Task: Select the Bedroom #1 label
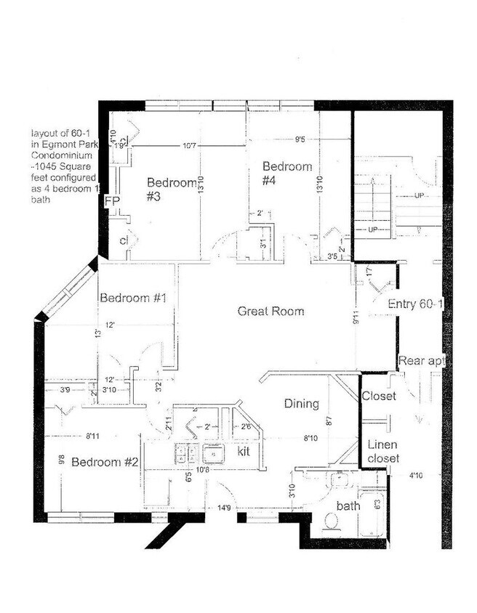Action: coord(134,298)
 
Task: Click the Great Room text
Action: coord(270,311)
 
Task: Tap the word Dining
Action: coord(301,404)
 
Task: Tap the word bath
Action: coord(348,506)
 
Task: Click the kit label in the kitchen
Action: coord(244,452)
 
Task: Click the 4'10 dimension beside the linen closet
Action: coord(416,476)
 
